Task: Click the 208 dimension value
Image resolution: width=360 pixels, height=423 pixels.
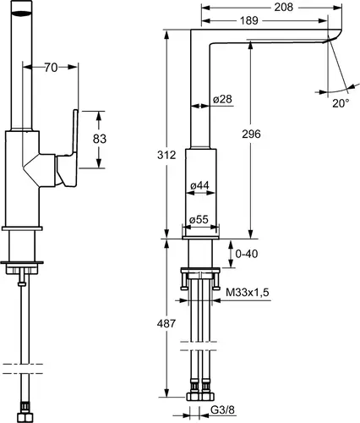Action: [284, 8]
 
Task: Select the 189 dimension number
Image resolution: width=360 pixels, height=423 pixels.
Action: [248, 20]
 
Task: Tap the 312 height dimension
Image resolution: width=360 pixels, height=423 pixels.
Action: [166, 155]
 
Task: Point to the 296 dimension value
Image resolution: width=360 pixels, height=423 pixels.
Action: [251, 134]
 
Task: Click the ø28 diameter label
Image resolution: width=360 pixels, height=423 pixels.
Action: [222, 99]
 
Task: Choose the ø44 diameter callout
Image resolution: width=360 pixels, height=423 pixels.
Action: [199, 185]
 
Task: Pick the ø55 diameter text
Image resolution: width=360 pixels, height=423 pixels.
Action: [199, 219]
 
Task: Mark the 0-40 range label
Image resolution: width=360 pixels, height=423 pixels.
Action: [247, 254]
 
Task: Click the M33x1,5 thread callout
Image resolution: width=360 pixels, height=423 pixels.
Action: [248, 293]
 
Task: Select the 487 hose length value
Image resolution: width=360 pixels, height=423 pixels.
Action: [166, 323]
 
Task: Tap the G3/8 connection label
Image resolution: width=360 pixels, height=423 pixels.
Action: [222, 409]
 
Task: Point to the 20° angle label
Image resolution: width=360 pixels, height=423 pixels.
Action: [341, 103]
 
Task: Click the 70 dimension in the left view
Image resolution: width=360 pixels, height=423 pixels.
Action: [51, 68]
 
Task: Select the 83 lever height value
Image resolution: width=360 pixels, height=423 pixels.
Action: [100, 139]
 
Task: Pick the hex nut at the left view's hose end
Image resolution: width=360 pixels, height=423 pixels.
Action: [25, 418]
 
